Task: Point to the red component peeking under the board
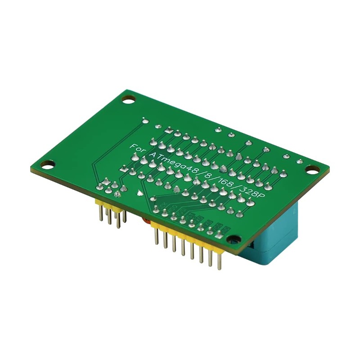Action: tap(145, 220)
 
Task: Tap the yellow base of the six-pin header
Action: tap(110, 207)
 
